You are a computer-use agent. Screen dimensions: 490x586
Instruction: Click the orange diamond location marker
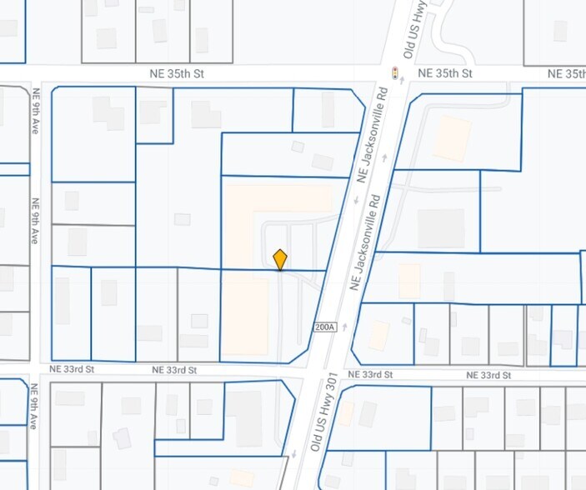pos(280,259)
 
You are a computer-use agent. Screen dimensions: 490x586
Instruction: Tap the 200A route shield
pos(325,327)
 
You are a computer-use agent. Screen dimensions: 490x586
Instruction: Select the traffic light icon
pos(394,72)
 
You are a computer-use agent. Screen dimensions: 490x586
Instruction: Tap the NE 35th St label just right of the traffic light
pos(445,73)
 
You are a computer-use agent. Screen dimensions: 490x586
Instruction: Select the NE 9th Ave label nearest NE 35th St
pos(35,112)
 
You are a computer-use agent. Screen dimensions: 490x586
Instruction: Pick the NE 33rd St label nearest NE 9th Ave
pos(72,368)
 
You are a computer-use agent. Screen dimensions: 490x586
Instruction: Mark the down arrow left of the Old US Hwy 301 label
pos(294,454)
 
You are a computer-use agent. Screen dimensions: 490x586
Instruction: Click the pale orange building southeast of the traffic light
pos(452,138)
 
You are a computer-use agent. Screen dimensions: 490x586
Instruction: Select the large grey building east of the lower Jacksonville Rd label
pos(440,228)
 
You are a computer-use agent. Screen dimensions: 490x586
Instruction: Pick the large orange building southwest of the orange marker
pos(245,316)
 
